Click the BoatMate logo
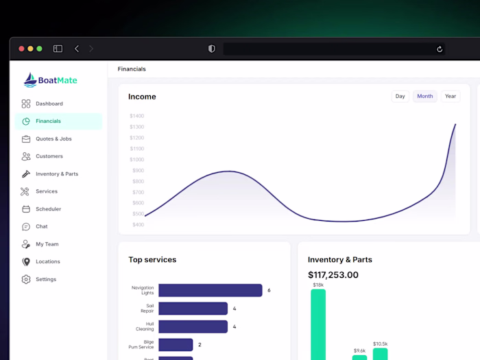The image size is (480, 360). [x=51, y=80]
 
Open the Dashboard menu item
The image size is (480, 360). [x=49, y=104]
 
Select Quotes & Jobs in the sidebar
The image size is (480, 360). [x=53, y=139]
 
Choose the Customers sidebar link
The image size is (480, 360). [x=49, y=156]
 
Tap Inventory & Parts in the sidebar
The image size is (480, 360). [x=57, y=174]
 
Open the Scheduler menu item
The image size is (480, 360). [x=48, y=209]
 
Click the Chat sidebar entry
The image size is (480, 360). [x=42, y=226]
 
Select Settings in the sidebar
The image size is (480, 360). [x=46, y=279]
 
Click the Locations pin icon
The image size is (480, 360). [x=26, y=262]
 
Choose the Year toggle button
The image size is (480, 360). [x=451, y=97]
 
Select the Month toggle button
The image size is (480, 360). [x=425, y=97]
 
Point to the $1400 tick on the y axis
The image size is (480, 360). [x=137, y=116]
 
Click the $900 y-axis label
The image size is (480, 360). [x=138, y=170]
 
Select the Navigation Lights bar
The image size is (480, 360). [x=210, y=290]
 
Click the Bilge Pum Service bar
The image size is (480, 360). [x=176, y=344]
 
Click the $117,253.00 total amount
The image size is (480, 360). [x=333, y=275]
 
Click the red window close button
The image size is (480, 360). [x=21, y=49]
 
